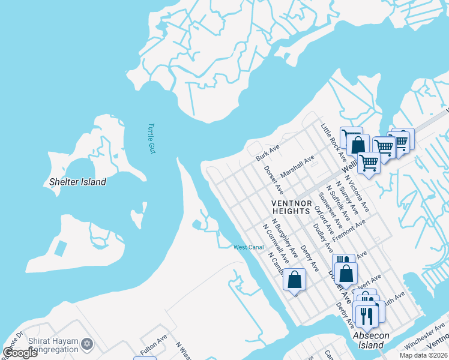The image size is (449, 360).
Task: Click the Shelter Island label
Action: pyautogui.click(x=78, y=182)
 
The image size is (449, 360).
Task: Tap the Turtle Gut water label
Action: pyautogui.click(x=152, y=139)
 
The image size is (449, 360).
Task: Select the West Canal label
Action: pyautogui.click(x=249, y=247)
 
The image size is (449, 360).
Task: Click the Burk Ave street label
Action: pyautogui.click(x=268, y=152)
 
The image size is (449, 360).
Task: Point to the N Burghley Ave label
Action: pyautogui.click(x=284, y=238)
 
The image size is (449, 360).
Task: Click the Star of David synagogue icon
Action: pyautogui.click(x=88, y=344)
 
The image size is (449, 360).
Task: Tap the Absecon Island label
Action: pyautogui.click(x=368, y=340)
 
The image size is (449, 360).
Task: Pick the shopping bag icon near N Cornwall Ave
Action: pyautogui.click(x=294, y=280)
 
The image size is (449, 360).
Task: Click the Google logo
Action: pyautogui.click(x=20, y=352)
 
